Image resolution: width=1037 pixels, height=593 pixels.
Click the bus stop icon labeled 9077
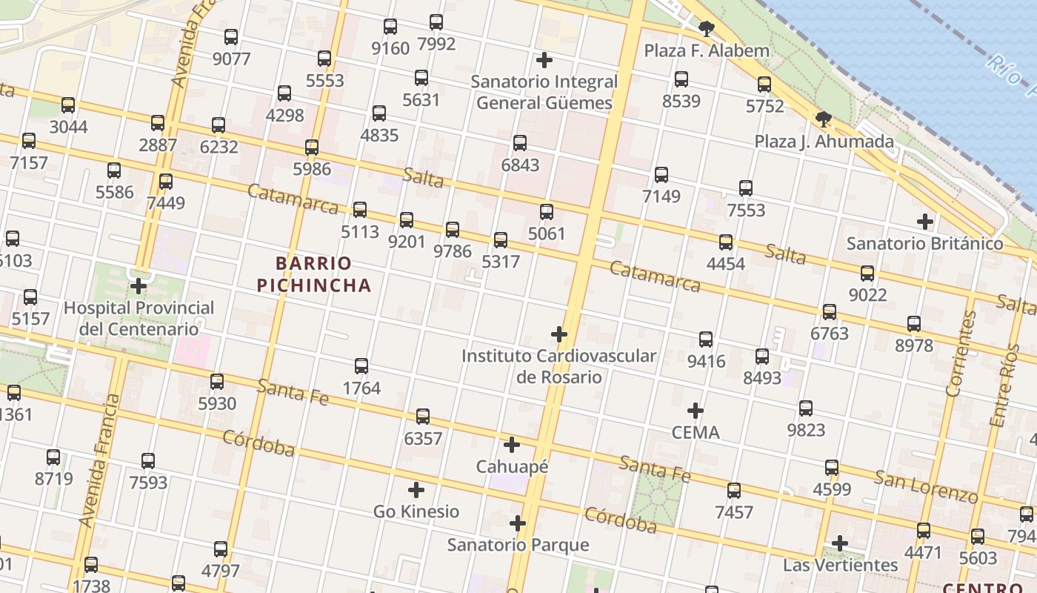tap(231, 36)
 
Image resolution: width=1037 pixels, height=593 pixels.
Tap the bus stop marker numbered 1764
tap(361, 365)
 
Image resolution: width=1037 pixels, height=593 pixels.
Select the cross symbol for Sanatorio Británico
tap(925, 221)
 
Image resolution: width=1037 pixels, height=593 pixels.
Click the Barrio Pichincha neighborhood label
tap(314, 274)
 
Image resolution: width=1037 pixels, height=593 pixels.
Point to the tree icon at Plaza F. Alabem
tap(707, 29)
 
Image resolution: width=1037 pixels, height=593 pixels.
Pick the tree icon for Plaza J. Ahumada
tap(823, 119)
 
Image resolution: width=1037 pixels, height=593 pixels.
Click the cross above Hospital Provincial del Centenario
tap(139, 285)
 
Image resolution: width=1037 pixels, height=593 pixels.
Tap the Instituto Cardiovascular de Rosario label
tap(559, 366)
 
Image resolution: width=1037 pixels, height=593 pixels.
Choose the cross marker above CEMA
tap(696, 410)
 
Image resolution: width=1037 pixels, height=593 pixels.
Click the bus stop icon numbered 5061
tap(547, 211)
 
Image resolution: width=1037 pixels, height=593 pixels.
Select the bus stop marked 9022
tap(867, 273)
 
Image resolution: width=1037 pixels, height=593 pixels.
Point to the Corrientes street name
tap(961, 353)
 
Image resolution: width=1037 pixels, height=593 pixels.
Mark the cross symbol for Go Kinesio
tap(416, 489)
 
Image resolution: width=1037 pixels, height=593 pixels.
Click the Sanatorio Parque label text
tap(518, 545)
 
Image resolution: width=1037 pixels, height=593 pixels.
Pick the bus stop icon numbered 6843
tap(520, 142)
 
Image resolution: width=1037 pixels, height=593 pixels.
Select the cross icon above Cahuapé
tap(512, 445)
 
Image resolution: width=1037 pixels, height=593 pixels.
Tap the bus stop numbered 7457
tap(734, 490)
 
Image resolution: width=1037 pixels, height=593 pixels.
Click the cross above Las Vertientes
tap(840, 543)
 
